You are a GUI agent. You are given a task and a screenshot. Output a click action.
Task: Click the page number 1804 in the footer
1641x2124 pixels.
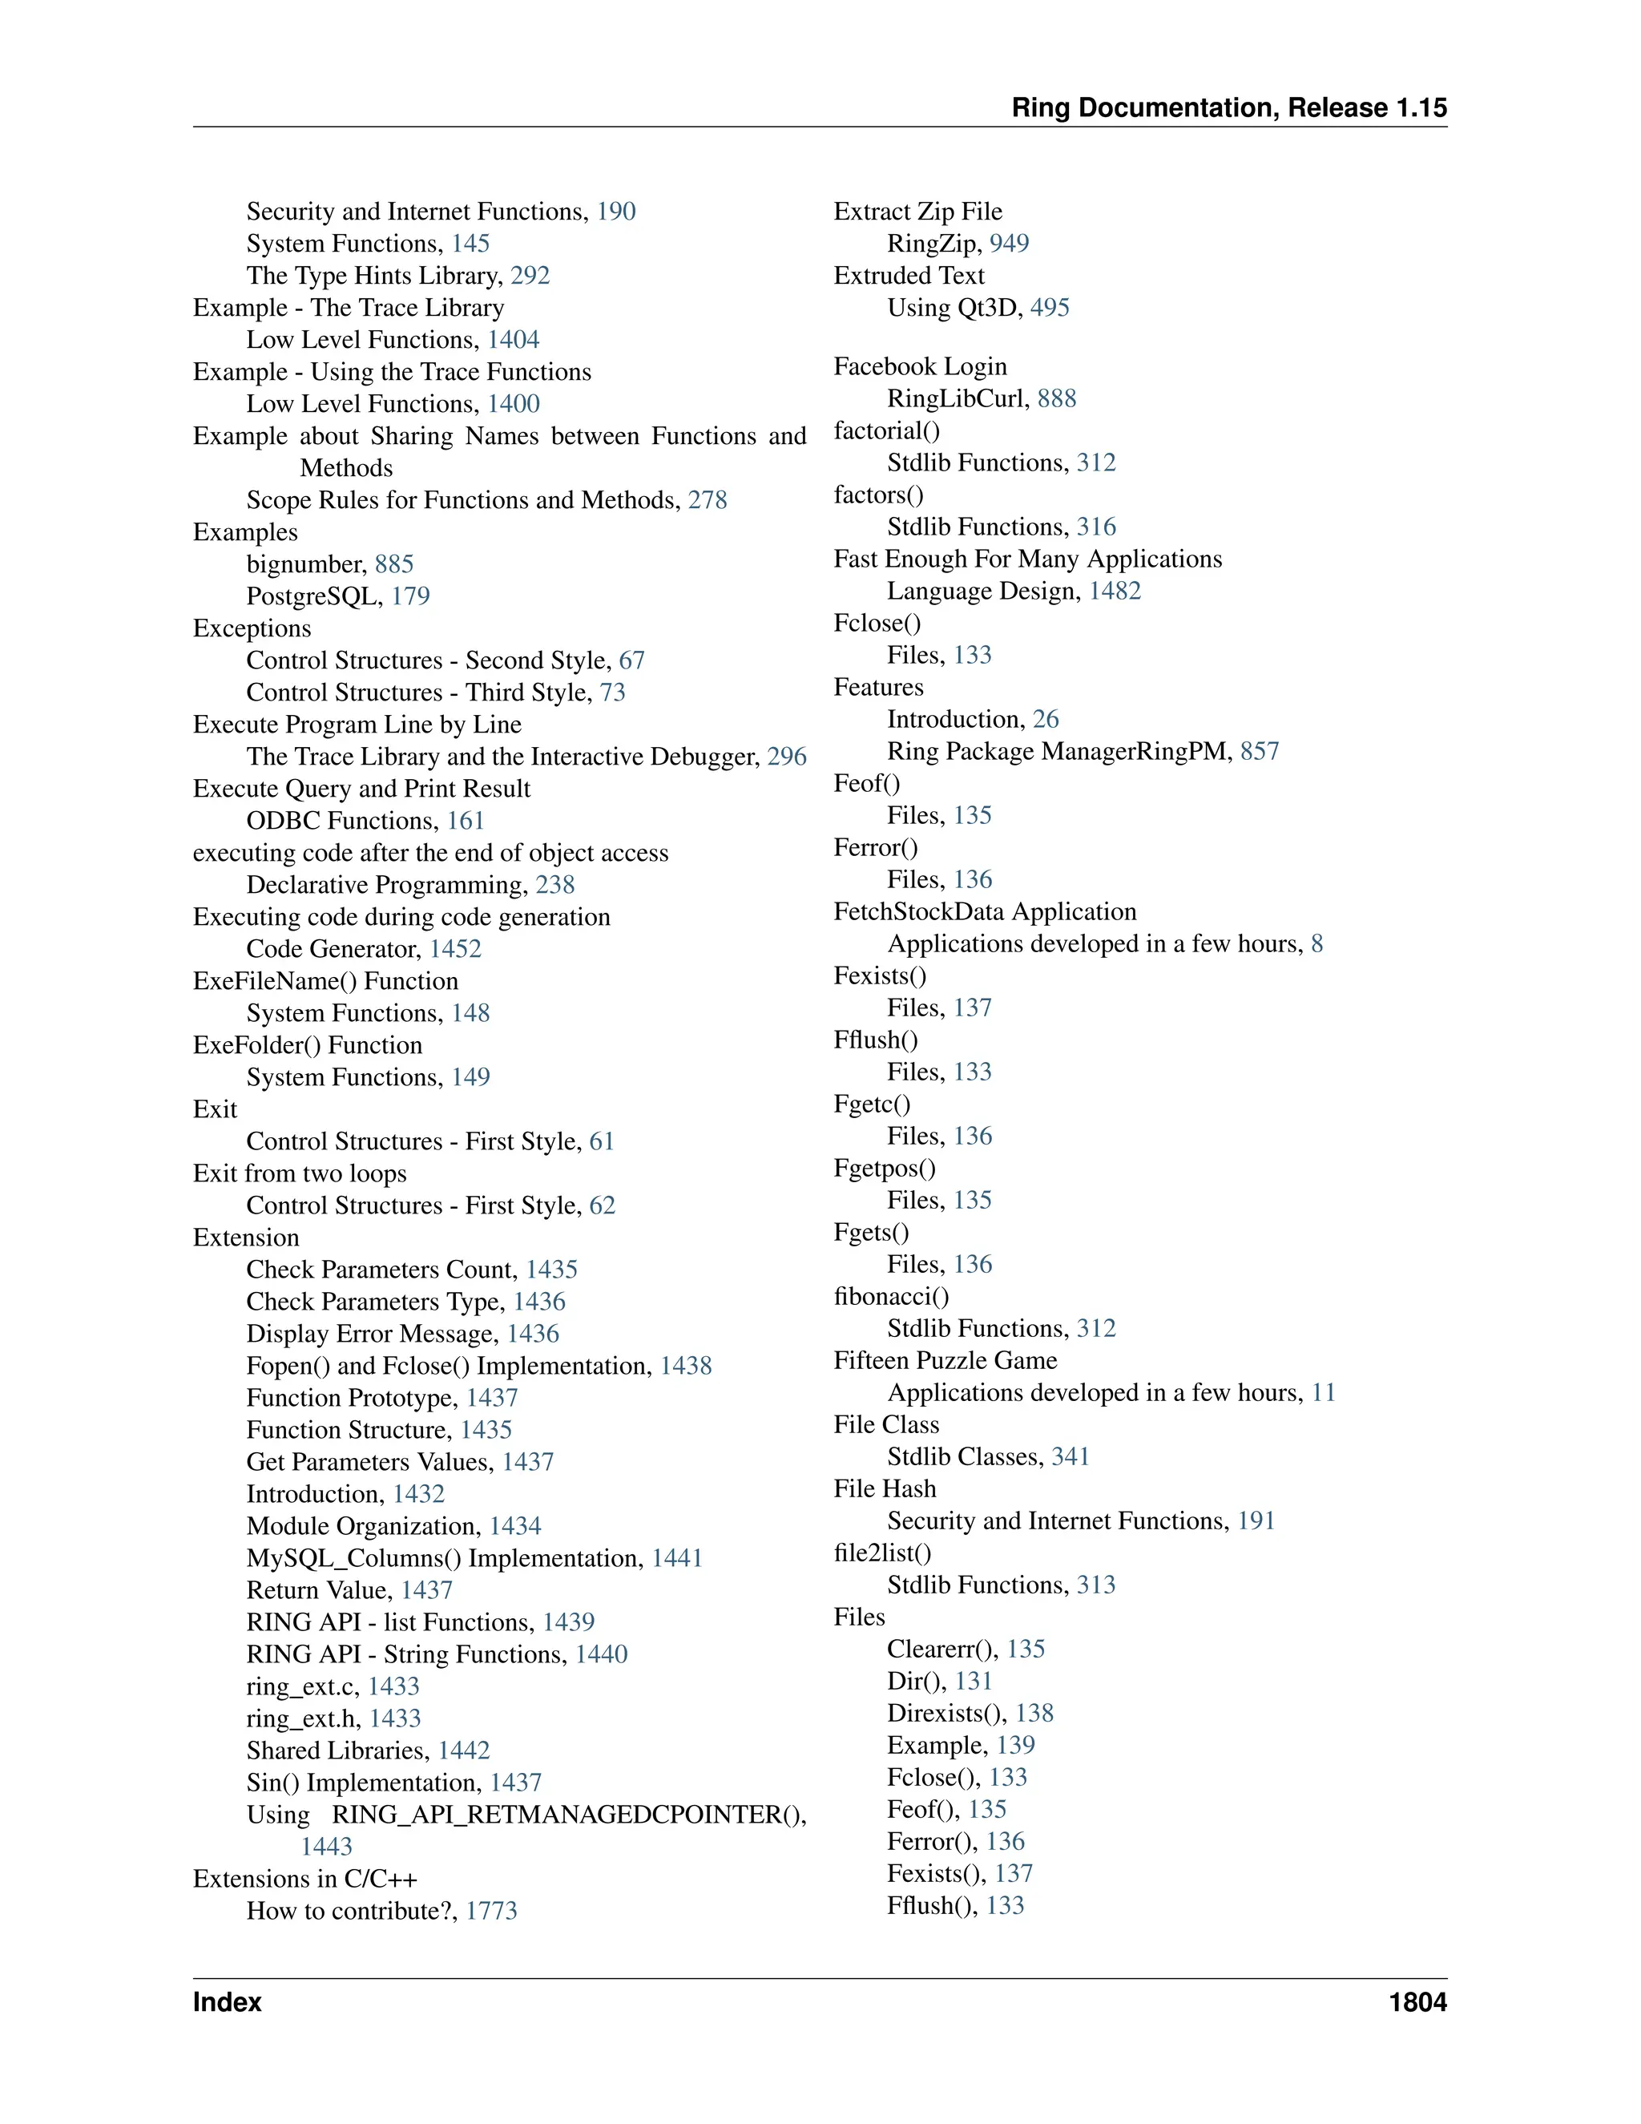coord(1417,2002)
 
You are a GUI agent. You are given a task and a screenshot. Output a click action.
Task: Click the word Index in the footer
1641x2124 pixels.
coord(227,2002)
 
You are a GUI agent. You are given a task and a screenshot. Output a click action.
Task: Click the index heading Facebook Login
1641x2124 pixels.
coord(920,366)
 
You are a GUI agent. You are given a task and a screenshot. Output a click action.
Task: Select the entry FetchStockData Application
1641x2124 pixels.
coord(985,912)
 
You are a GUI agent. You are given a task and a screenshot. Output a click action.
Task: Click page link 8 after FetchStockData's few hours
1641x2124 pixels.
coord(1316,944)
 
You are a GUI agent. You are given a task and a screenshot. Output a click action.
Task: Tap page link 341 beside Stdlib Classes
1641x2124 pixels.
coord(1070,1457)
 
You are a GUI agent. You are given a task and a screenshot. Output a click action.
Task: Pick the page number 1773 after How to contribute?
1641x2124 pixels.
coord(491,1911)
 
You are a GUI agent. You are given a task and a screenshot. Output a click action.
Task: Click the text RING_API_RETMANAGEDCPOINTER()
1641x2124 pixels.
coord(569,1815)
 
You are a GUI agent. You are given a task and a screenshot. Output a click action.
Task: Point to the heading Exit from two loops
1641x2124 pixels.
coord(300,1174)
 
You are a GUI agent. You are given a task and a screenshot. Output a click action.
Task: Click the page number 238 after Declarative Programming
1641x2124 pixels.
coord(555,885)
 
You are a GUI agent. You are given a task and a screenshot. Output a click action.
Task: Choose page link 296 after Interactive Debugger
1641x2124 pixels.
coord(787,757)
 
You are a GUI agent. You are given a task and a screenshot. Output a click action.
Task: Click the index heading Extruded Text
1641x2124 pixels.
coord(909,277)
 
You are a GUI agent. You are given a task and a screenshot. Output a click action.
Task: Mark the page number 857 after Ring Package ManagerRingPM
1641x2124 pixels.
coord(1259,752)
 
